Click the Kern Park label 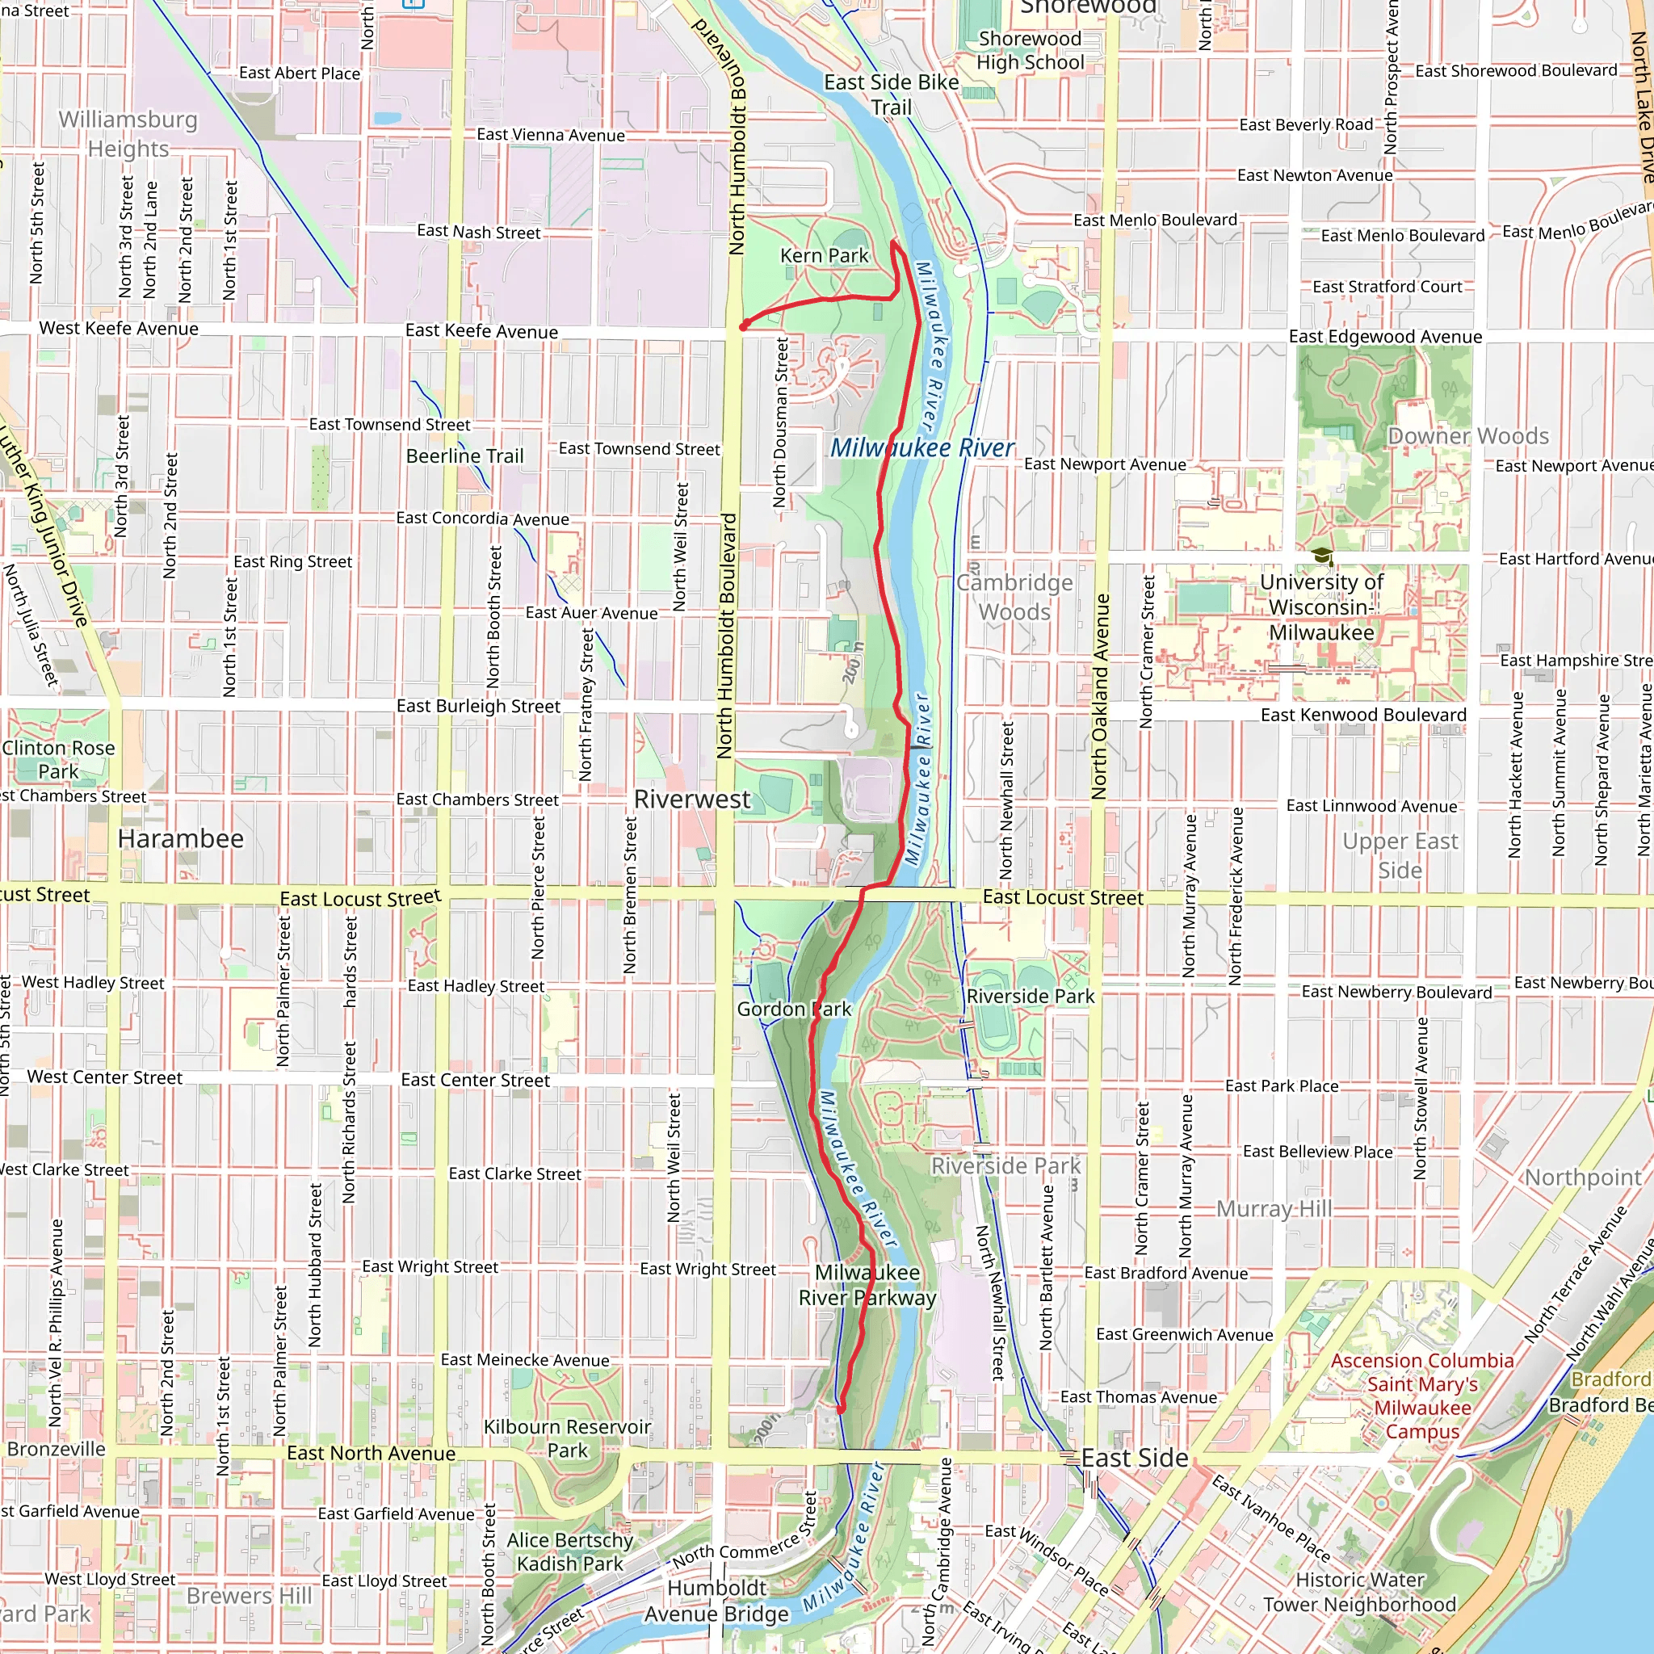(824, 255)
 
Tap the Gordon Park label (794, 1010)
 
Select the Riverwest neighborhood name (692, 800)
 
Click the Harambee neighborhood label (181, 839)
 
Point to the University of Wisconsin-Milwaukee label (1321, 608)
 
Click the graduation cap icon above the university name (1323, 557)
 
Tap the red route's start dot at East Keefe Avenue (744, 325)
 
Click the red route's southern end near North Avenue (841, 1409)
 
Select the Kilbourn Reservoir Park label (568, 1439)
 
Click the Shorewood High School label (1030, 51)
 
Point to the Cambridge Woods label (1014, 598)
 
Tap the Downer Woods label (1467, 437)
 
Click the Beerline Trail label (464, 456)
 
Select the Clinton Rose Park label (58, 759)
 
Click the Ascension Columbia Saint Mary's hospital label (1422, 1396)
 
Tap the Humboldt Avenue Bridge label (717, 1601)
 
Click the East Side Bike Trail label (892, 94)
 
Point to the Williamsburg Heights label (128, 134)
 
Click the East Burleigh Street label (478, 707)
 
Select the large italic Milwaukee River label (922, 447)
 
